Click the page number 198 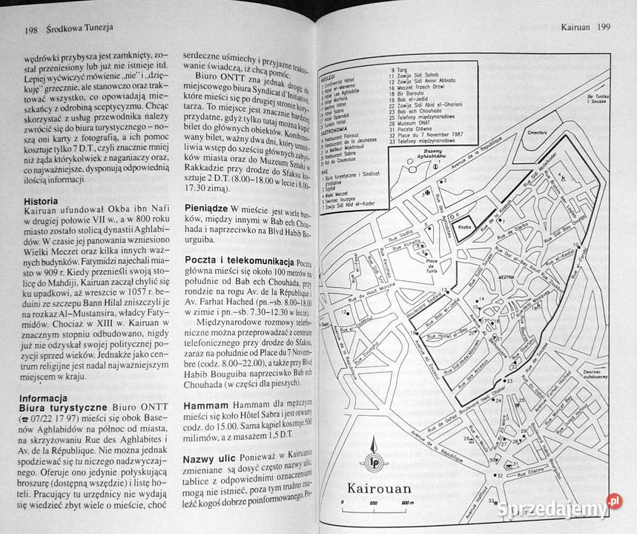30,31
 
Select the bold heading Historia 43,201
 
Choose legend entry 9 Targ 397,69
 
